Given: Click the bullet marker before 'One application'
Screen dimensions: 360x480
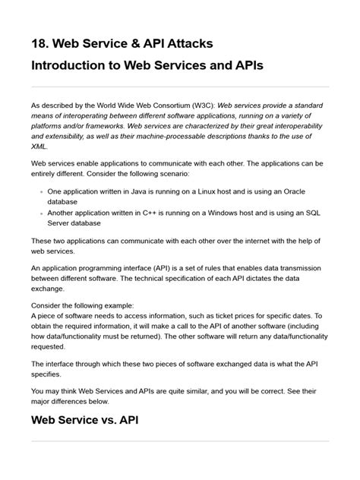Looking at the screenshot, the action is click(40, 193).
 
